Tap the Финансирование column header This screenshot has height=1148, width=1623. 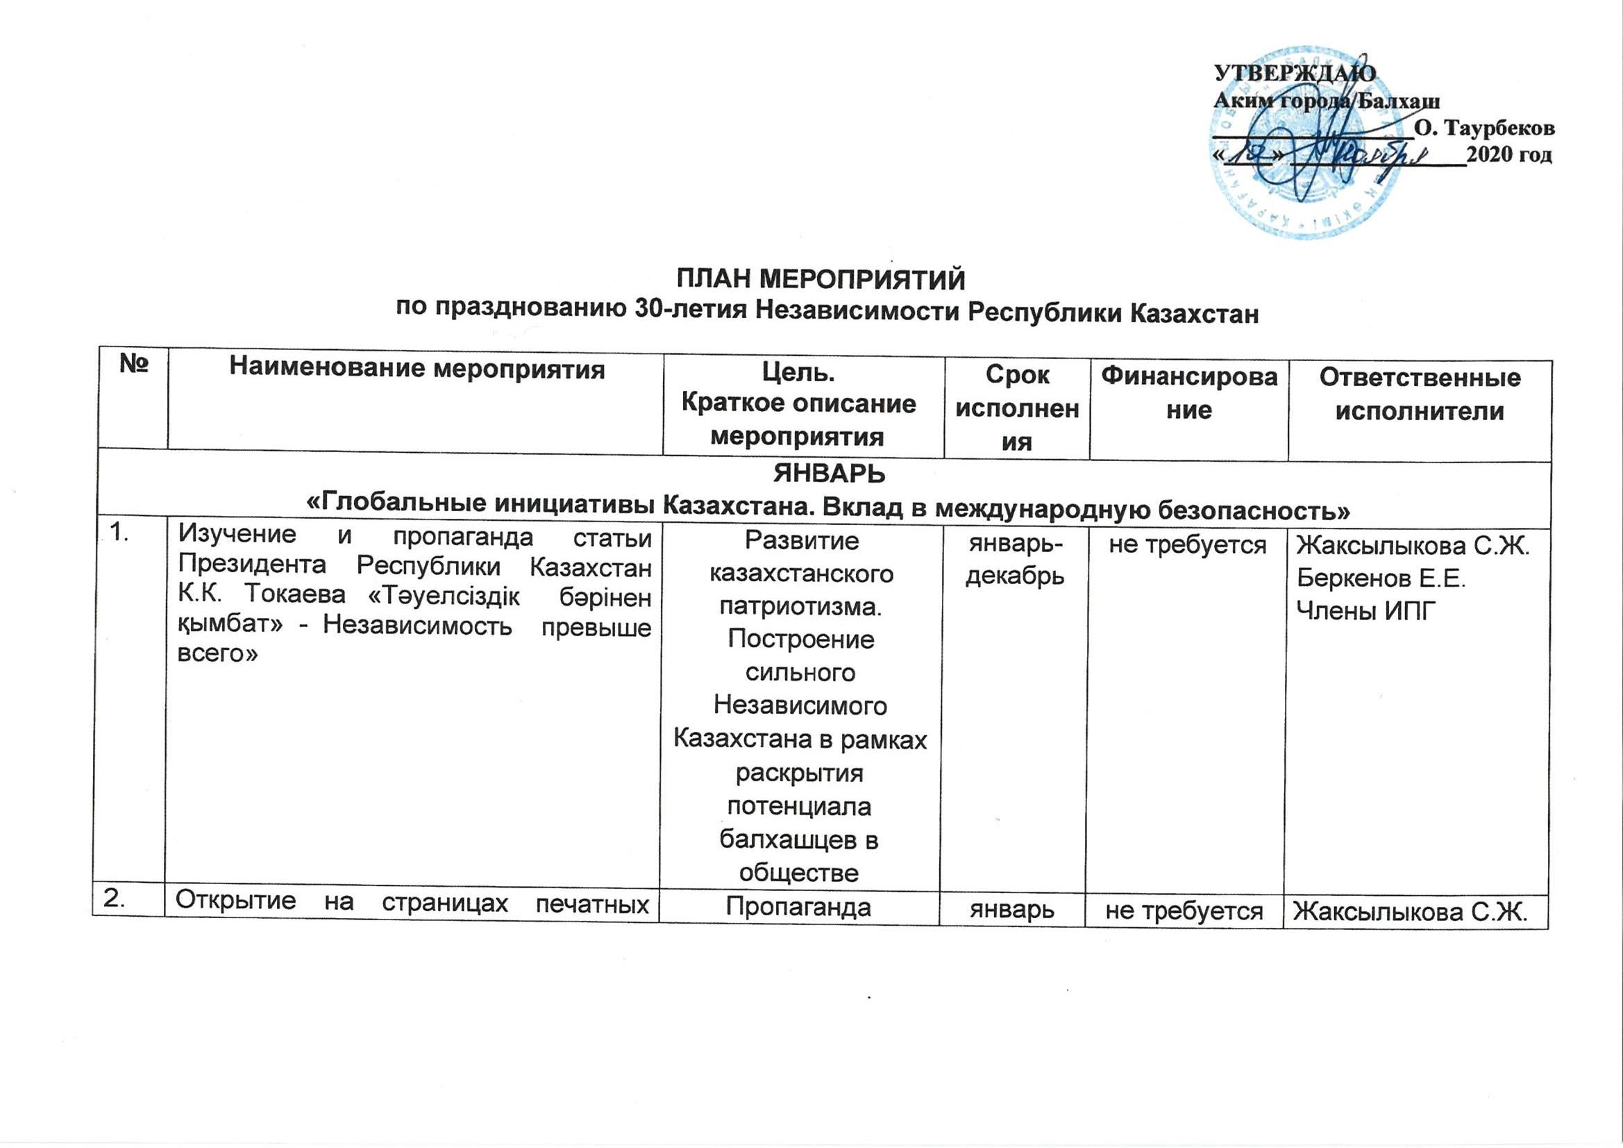point(1189,393)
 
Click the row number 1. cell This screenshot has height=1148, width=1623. point(123,535)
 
